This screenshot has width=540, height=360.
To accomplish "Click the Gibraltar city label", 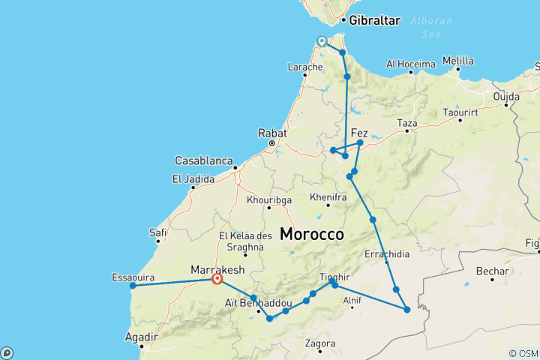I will (374, 20).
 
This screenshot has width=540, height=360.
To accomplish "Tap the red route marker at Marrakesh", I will (217, 279).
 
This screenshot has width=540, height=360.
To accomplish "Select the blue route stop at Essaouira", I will (133, 285).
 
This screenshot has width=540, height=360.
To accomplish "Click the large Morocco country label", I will (312, 234).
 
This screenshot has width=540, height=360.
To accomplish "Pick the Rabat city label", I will (273, 132).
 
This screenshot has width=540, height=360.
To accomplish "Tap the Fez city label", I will (359, 130).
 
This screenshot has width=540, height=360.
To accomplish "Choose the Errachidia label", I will (387, 253).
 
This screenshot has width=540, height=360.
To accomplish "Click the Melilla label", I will (458, 60).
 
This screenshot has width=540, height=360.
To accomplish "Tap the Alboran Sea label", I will (428, 27).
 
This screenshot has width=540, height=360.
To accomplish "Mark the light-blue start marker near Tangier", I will (322, 41).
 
